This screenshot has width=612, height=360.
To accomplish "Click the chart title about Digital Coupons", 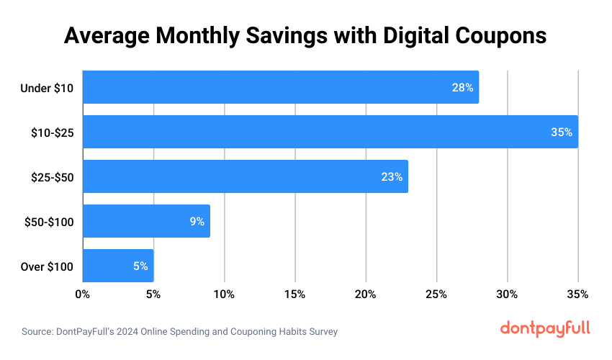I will (305, 35).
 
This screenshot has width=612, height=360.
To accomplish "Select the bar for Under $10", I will (281, 87).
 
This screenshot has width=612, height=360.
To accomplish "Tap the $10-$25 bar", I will (330, 132).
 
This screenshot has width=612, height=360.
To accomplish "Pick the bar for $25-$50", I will (245, 176).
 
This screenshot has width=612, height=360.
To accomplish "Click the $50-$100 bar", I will (146, 221).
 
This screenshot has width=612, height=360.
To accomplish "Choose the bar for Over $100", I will (118, 266).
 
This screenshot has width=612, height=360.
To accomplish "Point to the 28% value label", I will (462, 88).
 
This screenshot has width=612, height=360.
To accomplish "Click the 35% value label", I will (562, 132).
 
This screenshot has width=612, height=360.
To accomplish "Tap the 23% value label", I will (392, 177).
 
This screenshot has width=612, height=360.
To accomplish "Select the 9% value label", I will (197, 222).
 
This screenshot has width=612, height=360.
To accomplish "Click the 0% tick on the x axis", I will (83, 294).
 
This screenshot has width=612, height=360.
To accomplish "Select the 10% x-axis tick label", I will (224, 294).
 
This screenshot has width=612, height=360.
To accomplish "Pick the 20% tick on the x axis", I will (366, 294).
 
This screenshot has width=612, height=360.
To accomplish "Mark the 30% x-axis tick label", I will (508, 294).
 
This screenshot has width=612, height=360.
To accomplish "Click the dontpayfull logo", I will (545, 328).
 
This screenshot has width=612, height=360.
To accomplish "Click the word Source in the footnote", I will (38, 332).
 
